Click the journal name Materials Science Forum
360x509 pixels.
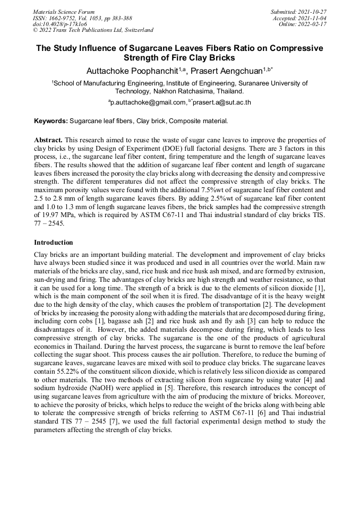coord(64,11)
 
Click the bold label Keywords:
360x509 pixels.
coord(50,121)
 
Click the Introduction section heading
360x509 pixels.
coord(53,242)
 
